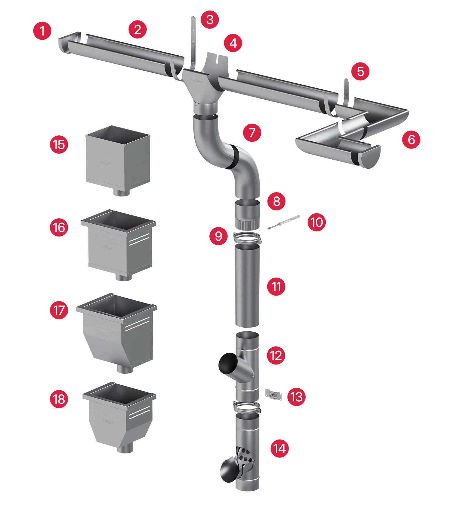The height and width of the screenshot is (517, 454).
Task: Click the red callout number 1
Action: pyautogui.click(x=42, y=31)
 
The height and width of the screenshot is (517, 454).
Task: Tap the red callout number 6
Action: pyautogui.click(x=411, y=139)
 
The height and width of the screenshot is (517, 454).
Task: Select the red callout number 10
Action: pyautogui.click(x=317, y=222)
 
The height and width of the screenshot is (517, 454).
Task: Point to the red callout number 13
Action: pyautogui.click(x=296, y=397)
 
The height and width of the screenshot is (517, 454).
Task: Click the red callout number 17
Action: pyautogui.click(x=59, y=310)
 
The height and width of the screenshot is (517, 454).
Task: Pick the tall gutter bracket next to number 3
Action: pyautogui.click(x=194, y=43)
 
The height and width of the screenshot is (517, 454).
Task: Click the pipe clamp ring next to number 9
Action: pyautogui.click(x=247, y=238)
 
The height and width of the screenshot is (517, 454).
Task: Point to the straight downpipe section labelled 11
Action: pyautogui.click(x=247, y=287)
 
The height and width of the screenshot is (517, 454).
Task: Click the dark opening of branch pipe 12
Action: pyautogui.click(x=228, y=363)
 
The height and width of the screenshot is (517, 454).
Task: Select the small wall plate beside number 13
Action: pyautogui.click(x=274, y=395)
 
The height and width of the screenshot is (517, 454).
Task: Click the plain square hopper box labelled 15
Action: pyautogui.click(x=118, y=159)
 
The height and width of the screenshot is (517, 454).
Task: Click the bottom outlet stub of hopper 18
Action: pyautogui.click(x=125, y=449)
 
